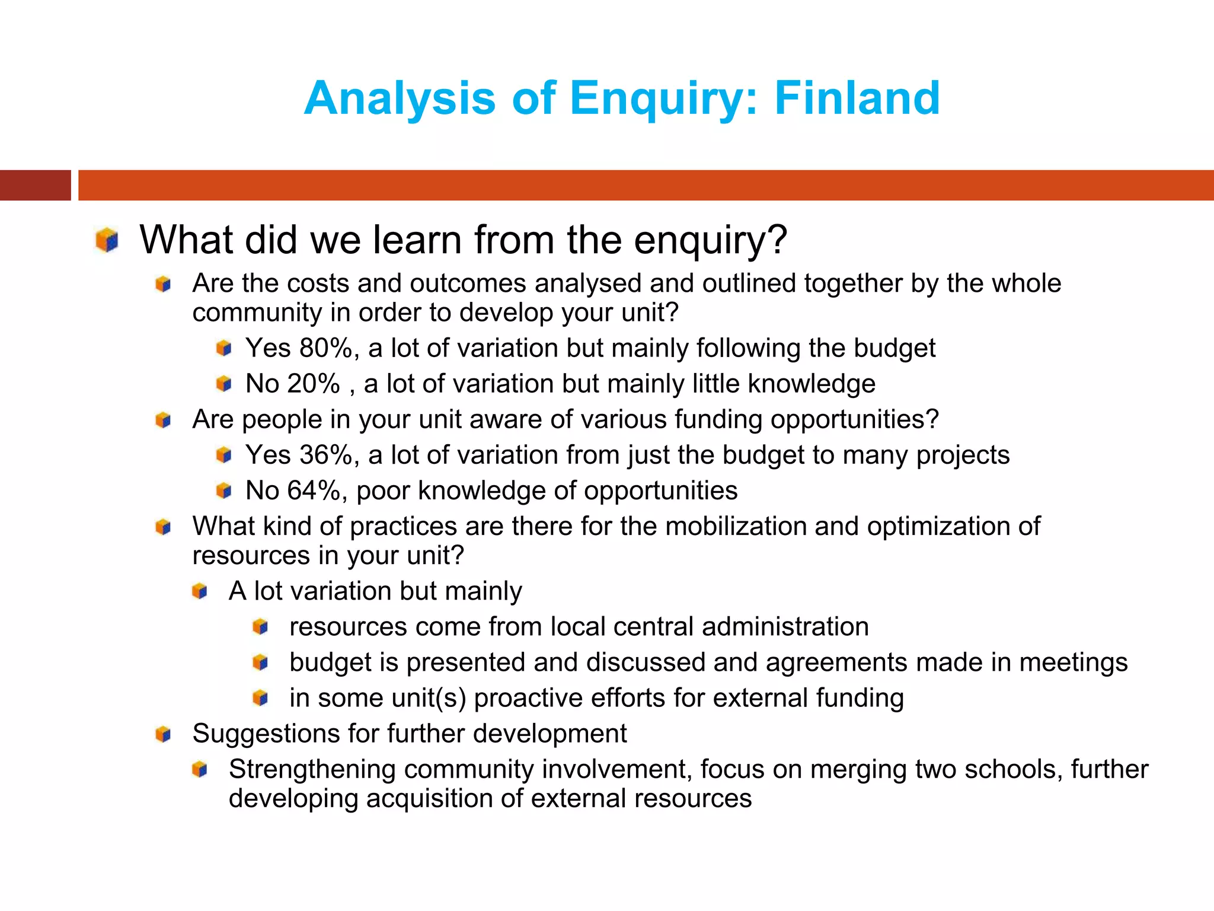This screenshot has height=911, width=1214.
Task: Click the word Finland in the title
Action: (857, 98)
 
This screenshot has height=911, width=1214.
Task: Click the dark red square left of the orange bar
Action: (35, 185)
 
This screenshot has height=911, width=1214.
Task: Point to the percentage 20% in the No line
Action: (314, 384)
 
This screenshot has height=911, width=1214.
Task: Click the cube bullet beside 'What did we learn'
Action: (107, 240)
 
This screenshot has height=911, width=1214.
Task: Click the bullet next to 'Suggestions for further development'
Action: (163, 734)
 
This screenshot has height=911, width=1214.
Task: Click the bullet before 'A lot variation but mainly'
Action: (200, 591)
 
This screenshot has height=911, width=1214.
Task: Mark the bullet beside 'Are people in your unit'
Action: (163, 421)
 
